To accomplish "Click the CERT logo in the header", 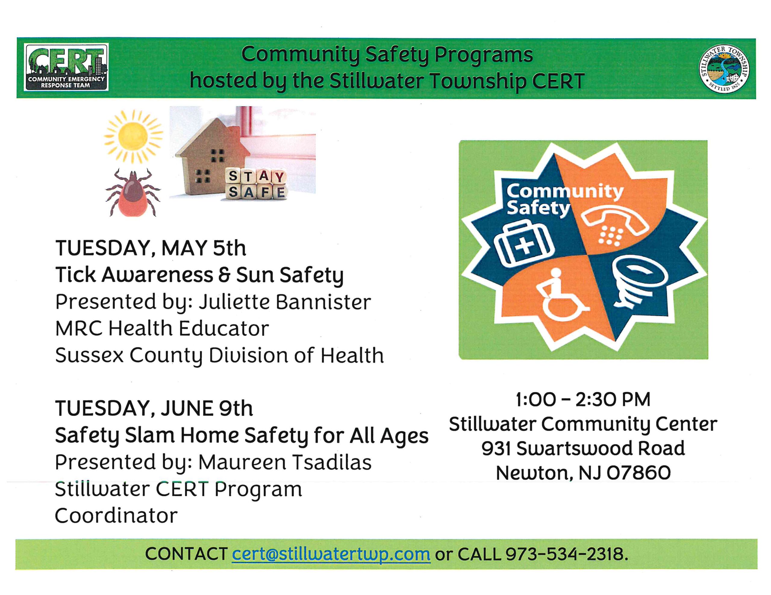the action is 66,67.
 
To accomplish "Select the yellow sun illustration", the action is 133,136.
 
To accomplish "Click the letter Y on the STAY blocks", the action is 279,177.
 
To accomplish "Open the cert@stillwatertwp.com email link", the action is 331,554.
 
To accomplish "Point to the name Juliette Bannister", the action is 285,302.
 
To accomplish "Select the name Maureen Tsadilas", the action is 285,462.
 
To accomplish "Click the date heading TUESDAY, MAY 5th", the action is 151,248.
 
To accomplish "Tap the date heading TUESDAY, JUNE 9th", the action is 154,408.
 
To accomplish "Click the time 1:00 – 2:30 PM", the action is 583,399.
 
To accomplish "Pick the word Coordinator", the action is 116,516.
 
